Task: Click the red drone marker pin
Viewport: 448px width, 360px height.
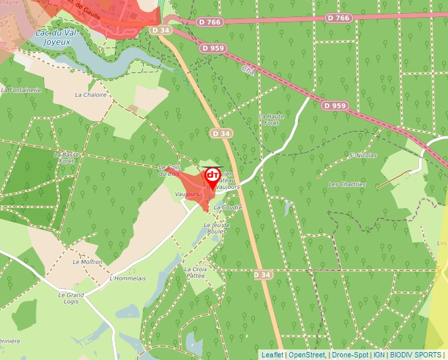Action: [x=212, y=177]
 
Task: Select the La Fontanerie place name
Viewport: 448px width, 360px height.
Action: [x=22, y=90]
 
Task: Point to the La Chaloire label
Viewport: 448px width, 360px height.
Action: [x=91, y=95]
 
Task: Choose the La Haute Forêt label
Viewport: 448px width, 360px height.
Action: [x=271, y=119]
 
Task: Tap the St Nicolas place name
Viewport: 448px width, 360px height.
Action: [x=363, y=156]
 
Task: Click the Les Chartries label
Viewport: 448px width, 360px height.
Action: [x=347, y=184]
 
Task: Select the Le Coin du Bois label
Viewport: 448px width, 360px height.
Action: [x=169, y=170]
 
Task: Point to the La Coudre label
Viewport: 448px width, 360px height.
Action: [x=228, y=207]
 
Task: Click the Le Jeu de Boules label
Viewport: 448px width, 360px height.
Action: [x=215, y=228]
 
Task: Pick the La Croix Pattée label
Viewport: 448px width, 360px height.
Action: [x=196, y=272]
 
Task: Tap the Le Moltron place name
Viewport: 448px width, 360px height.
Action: [x=87, y=261]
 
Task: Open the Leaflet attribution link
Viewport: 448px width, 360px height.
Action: [x=272, y=355]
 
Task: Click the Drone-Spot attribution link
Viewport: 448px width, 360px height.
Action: [x=350, y=355]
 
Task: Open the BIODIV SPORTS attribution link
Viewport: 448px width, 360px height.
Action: [x=415, y=355]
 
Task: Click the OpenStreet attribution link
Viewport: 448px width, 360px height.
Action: [x=307, y=355]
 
